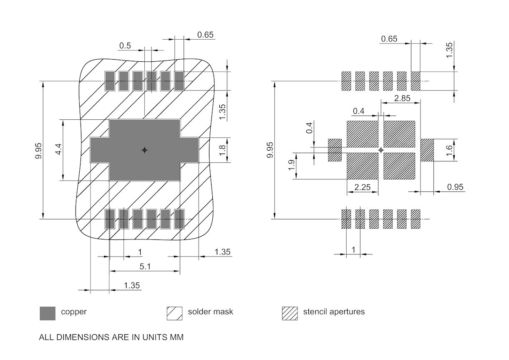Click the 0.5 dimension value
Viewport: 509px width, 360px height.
pos(125,45)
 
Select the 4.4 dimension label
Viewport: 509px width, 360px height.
pos(58,150)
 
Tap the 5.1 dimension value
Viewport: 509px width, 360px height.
pos(145,266)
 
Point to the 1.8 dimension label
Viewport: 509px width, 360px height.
pos(223,150)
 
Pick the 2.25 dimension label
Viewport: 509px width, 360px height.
pos(362,187)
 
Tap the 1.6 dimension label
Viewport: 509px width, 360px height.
pos(449,150)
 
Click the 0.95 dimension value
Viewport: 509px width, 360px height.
pos(455,187)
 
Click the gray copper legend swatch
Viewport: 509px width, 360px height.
pos(48,313)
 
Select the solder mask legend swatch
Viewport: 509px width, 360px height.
pos(175,313)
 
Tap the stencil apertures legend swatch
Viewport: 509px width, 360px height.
pos(290,313)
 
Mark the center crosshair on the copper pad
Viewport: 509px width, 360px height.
pos(144,150)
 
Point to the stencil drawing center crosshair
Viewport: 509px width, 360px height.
pos(380,150)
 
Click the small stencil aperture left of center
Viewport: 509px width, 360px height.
pos(335,150)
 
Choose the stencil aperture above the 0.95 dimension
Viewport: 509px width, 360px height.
pos(427,150)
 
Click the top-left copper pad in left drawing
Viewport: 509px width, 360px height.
pos(110,81)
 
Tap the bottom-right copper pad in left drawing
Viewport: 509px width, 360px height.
pos(179,219)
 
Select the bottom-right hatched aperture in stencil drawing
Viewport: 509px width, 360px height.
pos(416,219)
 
